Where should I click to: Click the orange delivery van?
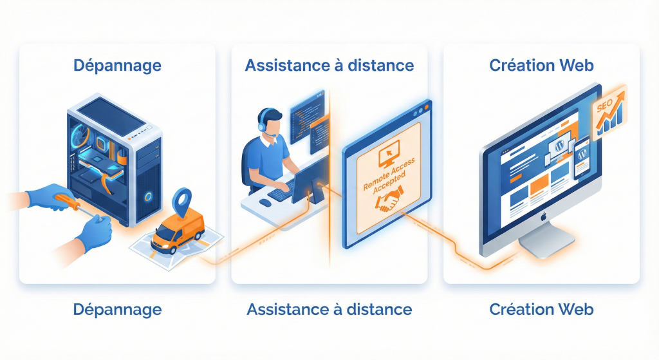point(176,231)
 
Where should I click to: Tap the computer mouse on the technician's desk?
point(265,203)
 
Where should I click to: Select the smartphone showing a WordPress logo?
point(582,159)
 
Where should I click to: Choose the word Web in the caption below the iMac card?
point(576,309)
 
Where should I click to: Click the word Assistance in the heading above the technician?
point(283,65)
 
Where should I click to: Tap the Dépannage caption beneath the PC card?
point(117,309)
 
